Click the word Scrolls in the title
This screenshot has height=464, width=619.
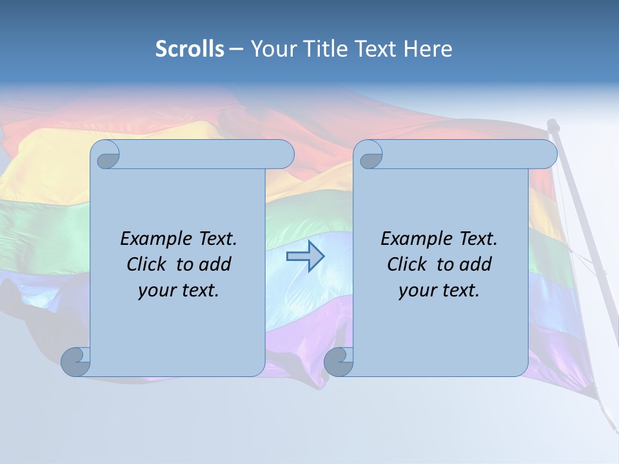(x=190, y=49)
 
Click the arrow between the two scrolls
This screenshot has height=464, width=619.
(x=305, y=256)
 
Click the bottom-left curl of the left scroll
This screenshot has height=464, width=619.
(x=75, y=362)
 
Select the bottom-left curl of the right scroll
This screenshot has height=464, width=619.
(x=339, y=362)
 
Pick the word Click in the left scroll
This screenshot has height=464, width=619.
(x=146, y=264)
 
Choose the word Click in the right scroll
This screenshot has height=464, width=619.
(x=406, y=264)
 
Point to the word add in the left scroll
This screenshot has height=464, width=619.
(x=215, y=264)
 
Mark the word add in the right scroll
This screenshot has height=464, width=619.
(x=476, y=264)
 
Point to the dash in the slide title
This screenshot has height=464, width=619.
(x=236, y=49)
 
